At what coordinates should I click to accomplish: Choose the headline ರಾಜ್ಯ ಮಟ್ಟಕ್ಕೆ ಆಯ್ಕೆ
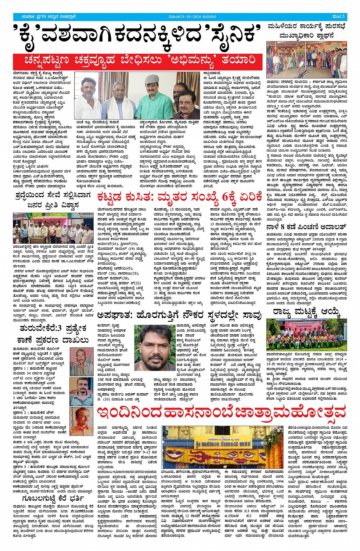pos(306,312)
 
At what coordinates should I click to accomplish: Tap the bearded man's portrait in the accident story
pos(154,347)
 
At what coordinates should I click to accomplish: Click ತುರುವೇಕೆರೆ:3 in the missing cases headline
pos(35,327)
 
